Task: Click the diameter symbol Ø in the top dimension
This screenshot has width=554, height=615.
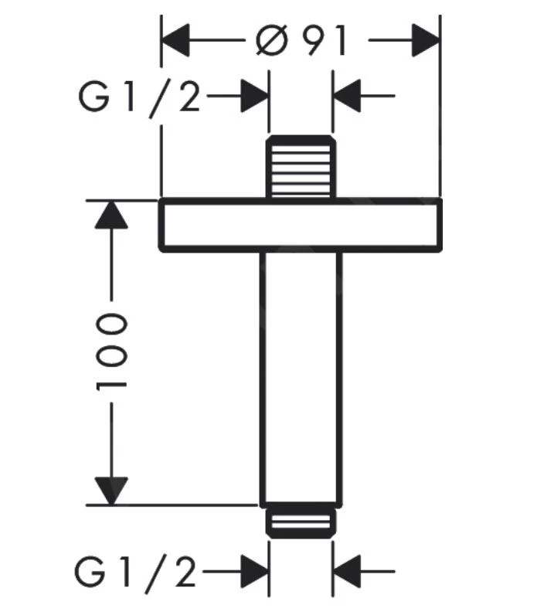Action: (271, 39)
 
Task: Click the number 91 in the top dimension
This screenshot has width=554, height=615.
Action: (325, 39)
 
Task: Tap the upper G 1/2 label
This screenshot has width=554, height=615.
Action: (139, 97)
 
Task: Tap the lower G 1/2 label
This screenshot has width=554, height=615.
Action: (137, 573)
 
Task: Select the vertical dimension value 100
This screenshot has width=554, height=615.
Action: (111, 352)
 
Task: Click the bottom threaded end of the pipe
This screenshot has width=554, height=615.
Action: (301, 522)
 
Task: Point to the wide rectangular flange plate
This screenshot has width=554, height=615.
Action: (301, 225)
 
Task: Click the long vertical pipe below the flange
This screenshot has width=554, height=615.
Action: (301, 379)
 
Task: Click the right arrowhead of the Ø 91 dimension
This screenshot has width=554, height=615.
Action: (426, 39)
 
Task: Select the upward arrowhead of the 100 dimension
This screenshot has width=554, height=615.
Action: (112, 214)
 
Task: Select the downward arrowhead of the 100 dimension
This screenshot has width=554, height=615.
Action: (112, 491)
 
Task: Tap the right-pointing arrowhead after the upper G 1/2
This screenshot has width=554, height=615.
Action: (254, 97)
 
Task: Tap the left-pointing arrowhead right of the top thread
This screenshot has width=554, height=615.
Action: (347, 97)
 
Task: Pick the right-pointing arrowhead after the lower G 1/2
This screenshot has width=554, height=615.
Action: (254, 573)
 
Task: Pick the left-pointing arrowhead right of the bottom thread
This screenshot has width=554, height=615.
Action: (347, 573)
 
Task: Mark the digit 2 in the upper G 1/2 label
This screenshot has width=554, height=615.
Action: (189, 97)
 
